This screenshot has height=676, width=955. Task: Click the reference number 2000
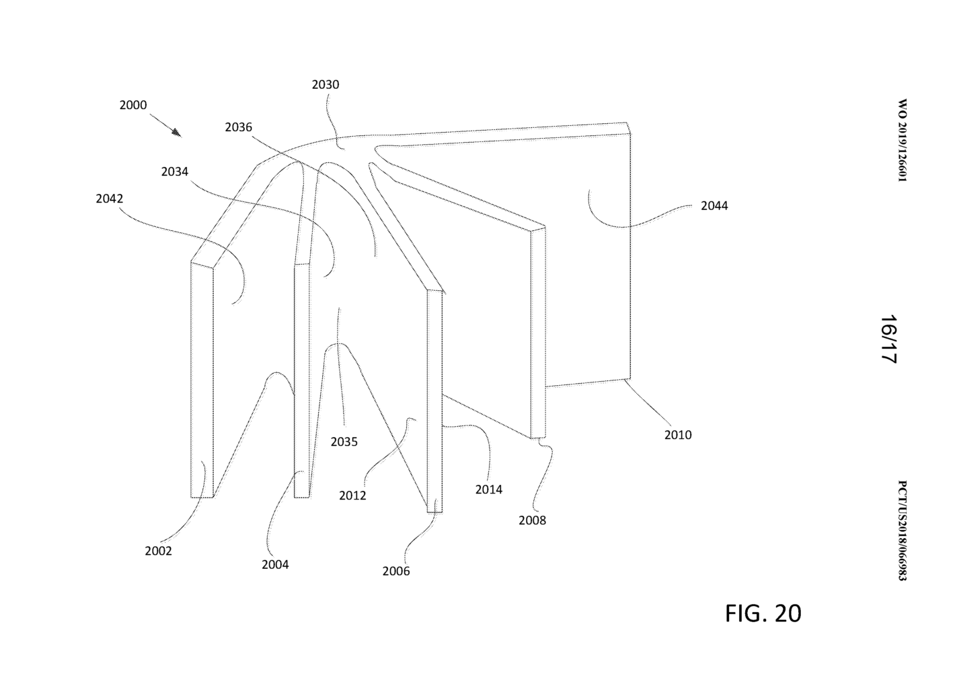point(133,106)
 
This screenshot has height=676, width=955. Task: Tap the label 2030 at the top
point(326,85)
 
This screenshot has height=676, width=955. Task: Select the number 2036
point(238,127)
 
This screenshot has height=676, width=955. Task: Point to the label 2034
point(174,172)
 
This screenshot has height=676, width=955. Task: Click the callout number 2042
point(109,199)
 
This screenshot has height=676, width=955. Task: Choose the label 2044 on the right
point(714,206)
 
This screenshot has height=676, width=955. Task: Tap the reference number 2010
point(678,435)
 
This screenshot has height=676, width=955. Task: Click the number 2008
point(532,520)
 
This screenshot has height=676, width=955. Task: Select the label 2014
point(488,489)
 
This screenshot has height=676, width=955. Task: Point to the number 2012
point(352,496)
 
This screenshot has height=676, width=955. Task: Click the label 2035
point(344,442)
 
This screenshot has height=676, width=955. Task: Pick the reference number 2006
point(395,571)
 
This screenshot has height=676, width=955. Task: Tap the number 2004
point(275,565)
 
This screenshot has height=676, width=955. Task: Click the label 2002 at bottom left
point(158,551)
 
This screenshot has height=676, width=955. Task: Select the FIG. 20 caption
point(763,613)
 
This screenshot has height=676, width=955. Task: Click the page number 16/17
point(889,339)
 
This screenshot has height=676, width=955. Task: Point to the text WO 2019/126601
point(902,141)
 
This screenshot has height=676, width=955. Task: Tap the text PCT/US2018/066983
point(902,531)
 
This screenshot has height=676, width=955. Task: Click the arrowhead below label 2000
point(176,133)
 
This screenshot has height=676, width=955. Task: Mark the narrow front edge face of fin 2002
point(202,380)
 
